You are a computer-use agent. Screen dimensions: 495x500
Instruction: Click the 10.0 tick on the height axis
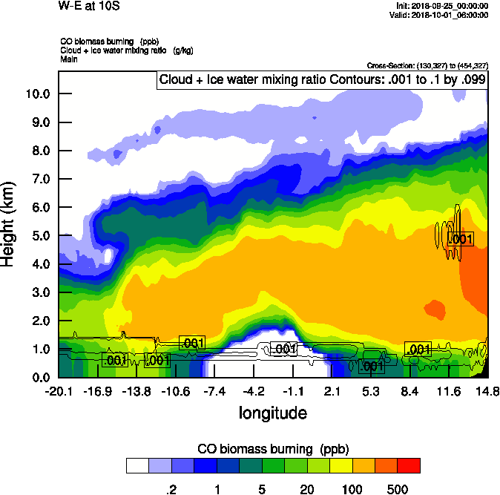pyautogui.click(x=38, y=94)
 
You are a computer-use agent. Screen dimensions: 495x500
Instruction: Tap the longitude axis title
pyautogui.click(x=272, y=412)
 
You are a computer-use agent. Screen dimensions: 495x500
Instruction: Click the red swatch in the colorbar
pyautogui.click(x=409, y=465)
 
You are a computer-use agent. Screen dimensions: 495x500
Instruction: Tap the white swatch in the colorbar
pyautogui.click(x=136, y=465)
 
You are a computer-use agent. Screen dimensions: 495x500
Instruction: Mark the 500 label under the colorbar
pyautogui.click(x=398, y=489)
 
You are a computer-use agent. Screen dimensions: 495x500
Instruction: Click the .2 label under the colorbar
pyautogui.click(x=171, y=489)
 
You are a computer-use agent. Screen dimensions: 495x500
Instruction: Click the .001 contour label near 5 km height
pyautogui.click(x=461, y=239)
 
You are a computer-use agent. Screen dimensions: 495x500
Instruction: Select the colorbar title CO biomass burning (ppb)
pyautogui.click(x=272, y=449)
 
